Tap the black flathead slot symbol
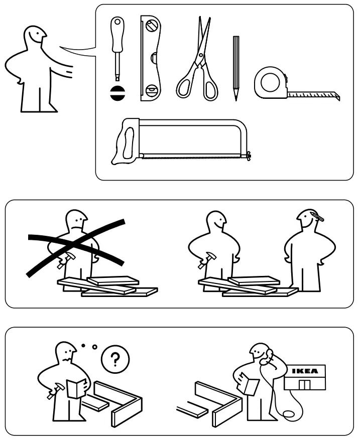point(117,93)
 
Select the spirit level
point(150,58)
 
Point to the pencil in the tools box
point(235,68)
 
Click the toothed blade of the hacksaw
point(191,157)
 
